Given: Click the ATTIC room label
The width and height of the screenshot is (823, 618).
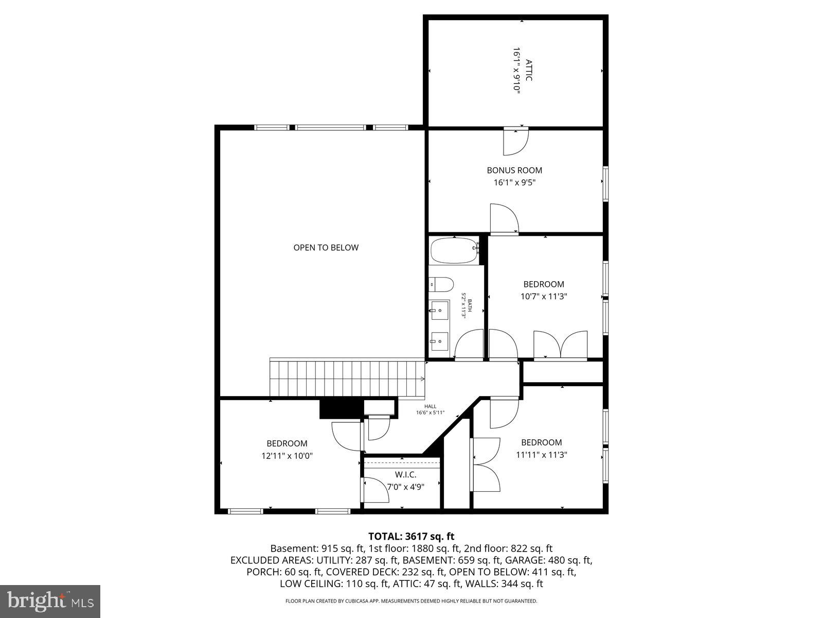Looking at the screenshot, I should pos(529,70).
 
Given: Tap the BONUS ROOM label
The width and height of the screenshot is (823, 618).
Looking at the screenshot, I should pos(514,170).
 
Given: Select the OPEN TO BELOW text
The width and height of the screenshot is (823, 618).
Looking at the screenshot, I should pos(326,248).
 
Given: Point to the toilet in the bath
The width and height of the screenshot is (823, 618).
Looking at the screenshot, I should pos(441,284).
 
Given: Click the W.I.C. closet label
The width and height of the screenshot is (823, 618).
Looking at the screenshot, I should pos(405,474).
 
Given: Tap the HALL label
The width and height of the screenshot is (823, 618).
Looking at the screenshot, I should pos(430,406).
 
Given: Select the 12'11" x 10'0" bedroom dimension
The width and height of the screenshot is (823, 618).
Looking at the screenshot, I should pos(287,456).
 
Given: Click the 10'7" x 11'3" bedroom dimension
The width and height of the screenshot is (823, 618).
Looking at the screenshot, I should pos(544,297).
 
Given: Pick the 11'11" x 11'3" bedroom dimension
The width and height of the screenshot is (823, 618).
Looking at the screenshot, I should pos(541,455).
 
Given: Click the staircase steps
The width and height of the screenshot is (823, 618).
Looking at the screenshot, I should pos(346,379).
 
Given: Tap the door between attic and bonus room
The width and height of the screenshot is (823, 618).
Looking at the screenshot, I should pos(516,141).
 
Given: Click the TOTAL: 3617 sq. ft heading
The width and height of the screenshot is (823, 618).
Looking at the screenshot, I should pos(411,536).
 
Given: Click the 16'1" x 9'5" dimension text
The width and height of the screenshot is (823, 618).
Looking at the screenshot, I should pos(514,182).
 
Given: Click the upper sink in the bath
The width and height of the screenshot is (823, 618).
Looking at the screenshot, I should pos(440,311).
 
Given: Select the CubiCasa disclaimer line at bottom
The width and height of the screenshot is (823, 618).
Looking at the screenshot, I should pos(411,600).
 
